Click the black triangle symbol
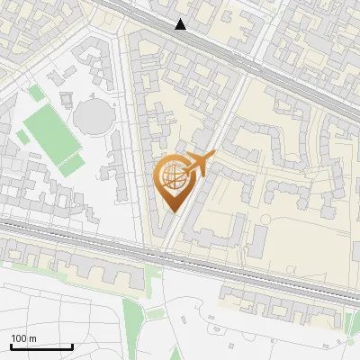(x=181, y=24)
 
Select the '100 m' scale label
(x=23, y=338)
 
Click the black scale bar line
(x=40, y=346)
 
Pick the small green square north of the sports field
(x=35, y=93)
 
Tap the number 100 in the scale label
(x=18, y=338)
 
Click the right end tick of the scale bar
(x=72, y=345)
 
